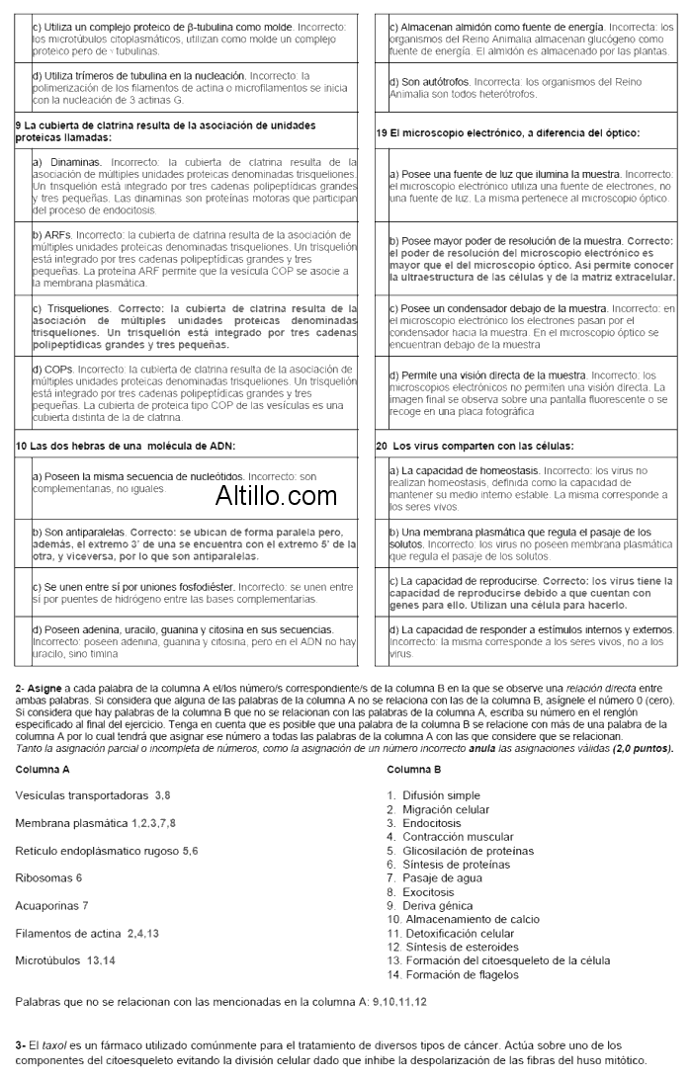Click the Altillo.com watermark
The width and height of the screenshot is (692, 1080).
[276, 496]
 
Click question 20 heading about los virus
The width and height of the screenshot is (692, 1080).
[475, 446]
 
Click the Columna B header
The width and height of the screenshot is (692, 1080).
[414, 768]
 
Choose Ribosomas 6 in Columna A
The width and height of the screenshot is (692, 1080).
[48, 876]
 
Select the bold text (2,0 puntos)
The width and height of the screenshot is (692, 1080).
[643, 748]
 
